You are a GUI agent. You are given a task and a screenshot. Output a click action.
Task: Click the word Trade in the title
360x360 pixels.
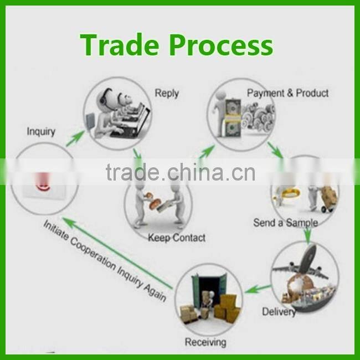point(119,44)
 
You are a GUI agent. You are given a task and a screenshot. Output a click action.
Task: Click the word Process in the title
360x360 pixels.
point(221,44)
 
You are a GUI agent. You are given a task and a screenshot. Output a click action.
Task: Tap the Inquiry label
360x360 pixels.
point(41,132)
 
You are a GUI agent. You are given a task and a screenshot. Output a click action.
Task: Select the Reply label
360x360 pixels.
point(167,94)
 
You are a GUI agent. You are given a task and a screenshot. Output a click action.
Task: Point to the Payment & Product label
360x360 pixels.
point(287,93)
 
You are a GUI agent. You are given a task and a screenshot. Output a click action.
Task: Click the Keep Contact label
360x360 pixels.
point(177,238)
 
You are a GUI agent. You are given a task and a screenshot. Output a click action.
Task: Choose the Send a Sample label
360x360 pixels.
point(286,223)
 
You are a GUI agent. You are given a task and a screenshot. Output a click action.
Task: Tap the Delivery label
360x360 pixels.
point(279,312)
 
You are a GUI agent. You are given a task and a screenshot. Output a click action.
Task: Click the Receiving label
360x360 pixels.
point(205,342)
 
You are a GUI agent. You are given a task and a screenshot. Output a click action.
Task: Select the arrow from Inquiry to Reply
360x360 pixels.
point(75,138)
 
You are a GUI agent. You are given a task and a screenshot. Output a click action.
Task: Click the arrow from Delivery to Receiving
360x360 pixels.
point(258,289)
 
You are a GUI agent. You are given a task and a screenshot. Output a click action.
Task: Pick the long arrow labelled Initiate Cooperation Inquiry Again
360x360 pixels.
point(117,253)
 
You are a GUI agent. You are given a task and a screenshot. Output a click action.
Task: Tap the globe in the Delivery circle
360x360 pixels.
point(298,285)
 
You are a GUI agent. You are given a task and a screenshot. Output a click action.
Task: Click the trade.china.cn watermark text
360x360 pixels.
point(181,172)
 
